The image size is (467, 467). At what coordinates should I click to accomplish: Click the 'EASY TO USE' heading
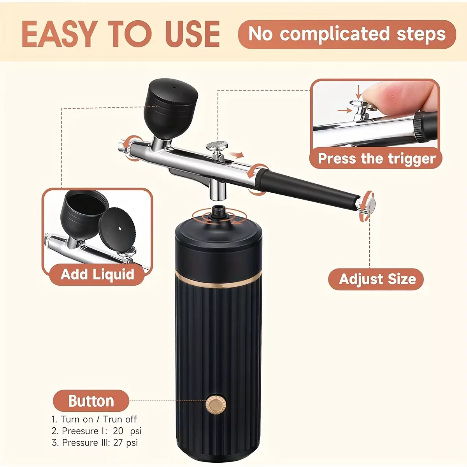pos(121,34)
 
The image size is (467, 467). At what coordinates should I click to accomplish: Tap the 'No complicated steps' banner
pos(347,34)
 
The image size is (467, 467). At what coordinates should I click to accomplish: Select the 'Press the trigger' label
pos(377,158)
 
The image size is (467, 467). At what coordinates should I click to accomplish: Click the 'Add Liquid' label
pos(97,274)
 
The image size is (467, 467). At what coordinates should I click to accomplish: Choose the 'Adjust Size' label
pos(376,279)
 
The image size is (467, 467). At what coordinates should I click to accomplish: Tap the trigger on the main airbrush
pos(217,150)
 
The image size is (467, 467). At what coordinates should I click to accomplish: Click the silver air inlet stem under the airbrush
pos(218,190)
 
